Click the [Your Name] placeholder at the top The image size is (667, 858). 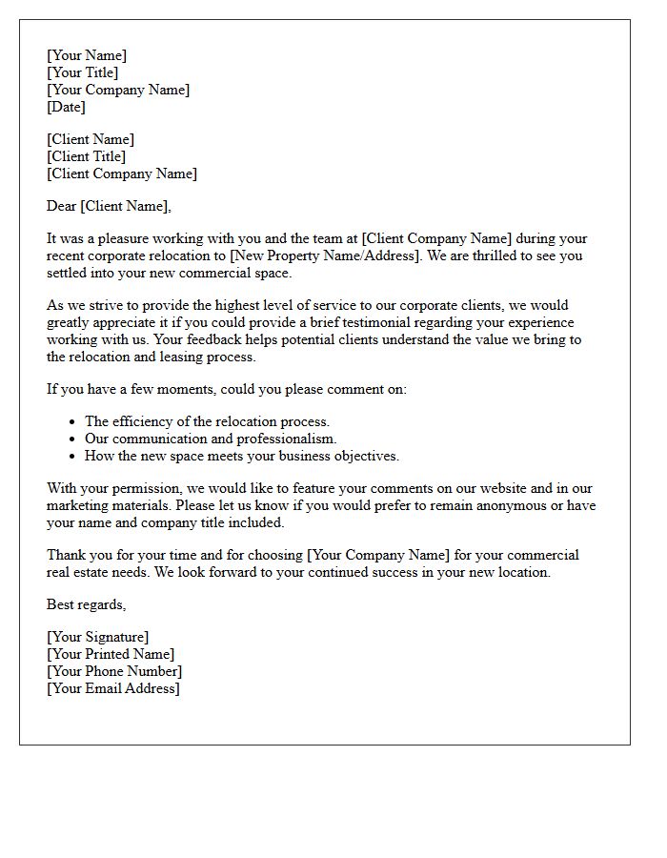click(x=87, y=55)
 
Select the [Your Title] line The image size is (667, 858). click(x=83, y=72)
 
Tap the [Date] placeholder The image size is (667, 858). click(x=67, y=107)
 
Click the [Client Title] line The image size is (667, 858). click(x=87, y=156)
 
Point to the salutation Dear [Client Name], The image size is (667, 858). click(x=109, y=206)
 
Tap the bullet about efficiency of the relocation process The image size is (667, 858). click(x=207, y=421)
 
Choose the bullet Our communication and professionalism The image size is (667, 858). click(x=211, y=439)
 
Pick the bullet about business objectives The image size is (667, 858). click(x=242, y=456)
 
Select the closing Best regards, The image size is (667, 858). click(x=87, y=604)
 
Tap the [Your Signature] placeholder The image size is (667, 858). click(x=98, y=637)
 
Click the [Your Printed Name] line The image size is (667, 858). click(x=111, y=654)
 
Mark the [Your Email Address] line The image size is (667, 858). click(x=113, y=688)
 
